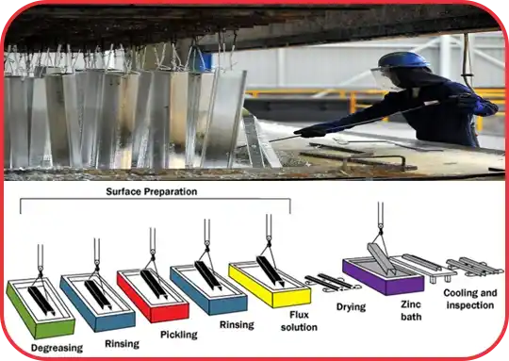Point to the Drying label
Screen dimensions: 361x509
(350, 307)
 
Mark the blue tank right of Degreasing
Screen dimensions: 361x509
(95, 298)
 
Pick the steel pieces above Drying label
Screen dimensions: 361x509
(330, 281)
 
